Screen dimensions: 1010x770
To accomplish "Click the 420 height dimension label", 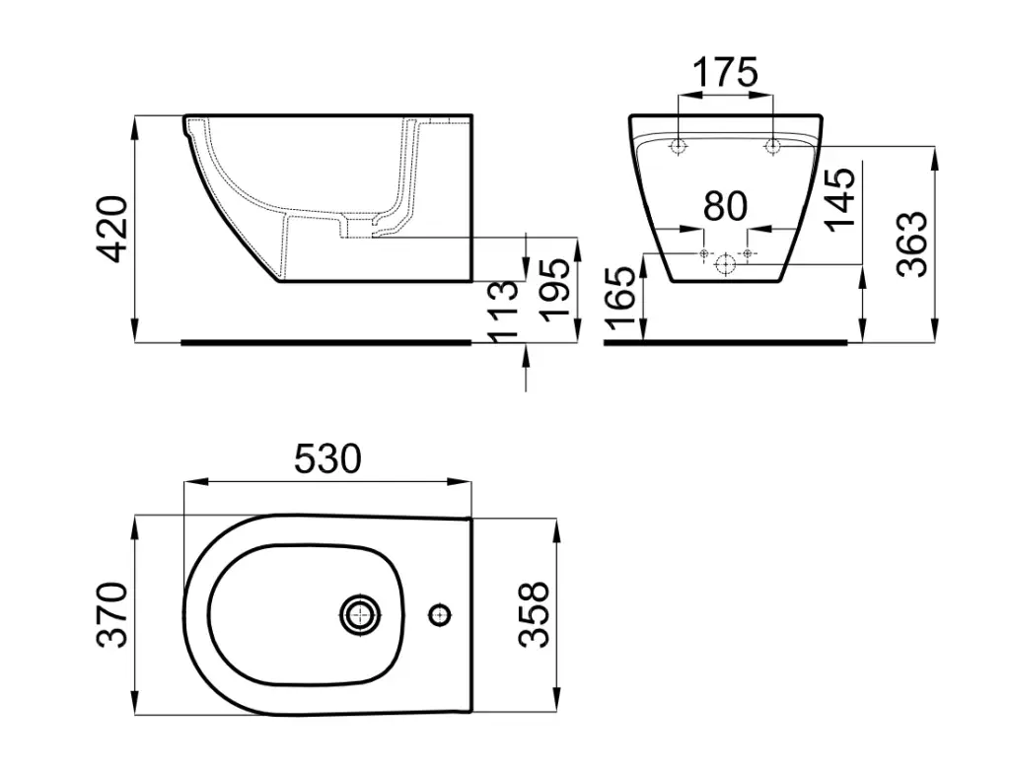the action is point(114,229).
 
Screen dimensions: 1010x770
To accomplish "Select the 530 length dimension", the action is point(327,459).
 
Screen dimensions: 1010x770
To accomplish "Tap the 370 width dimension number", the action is point(112,614).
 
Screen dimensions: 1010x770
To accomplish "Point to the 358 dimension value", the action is point(534,614).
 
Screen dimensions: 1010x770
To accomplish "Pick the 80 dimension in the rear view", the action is point(725,206).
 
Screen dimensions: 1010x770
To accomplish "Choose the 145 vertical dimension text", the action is point(840,197).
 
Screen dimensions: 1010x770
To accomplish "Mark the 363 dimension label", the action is point(912,244).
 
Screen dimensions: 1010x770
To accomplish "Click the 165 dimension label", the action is point(621,298).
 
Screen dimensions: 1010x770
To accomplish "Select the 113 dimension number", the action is point(503,311).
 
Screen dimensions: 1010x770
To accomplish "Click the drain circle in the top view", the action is point(359,615).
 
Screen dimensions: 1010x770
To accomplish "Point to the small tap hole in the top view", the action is point(441,615).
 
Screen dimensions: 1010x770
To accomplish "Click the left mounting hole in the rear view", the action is point(678,146).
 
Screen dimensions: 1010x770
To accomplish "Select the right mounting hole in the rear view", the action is point(772,146).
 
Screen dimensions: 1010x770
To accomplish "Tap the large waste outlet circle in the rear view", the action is point(725,264).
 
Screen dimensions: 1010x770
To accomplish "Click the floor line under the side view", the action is point(325,342).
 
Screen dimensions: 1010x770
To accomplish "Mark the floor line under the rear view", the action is point(725,342).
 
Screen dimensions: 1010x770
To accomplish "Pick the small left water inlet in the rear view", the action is point(704,253).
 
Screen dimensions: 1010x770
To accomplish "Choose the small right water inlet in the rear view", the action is point(748,253).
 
